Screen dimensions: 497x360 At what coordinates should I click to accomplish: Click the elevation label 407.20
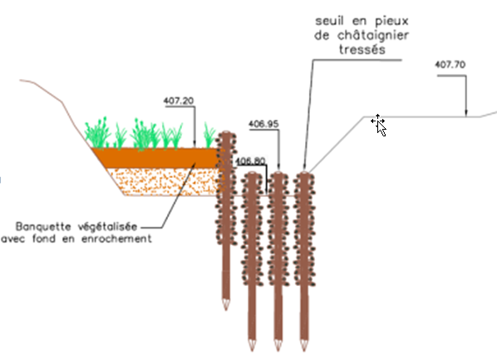pos(179,101)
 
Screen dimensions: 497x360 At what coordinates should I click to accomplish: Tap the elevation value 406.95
pos(263,124)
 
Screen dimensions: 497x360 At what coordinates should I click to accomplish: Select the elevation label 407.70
pos(450,65)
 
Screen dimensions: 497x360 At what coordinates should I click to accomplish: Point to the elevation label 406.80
pos(250,160)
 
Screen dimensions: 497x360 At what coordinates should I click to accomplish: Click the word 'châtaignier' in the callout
pos(372,35)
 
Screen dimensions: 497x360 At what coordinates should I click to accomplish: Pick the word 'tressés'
pos(362,50)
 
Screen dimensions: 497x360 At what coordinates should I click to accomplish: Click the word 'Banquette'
pos(43,226)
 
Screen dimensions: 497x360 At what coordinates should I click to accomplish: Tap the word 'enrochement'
pos(116,239)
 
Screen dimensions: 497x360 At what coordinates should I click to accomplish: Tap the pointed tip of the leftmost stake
pos(226,310)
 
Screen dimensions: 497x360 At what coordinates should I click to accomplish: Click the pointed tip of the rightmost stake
pos(304,351)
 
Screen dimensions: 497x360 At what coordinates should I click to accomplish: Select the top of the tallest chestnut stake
pos(226,132)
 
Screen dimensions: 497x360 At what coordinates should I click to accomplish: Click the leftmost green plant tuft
pos(96,135)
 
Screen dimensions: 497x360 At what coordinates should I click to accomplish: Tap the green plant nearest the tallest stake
pos(209,136)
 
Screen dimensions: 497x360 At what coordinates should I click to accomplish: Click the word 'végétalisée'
pos(107,227)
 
